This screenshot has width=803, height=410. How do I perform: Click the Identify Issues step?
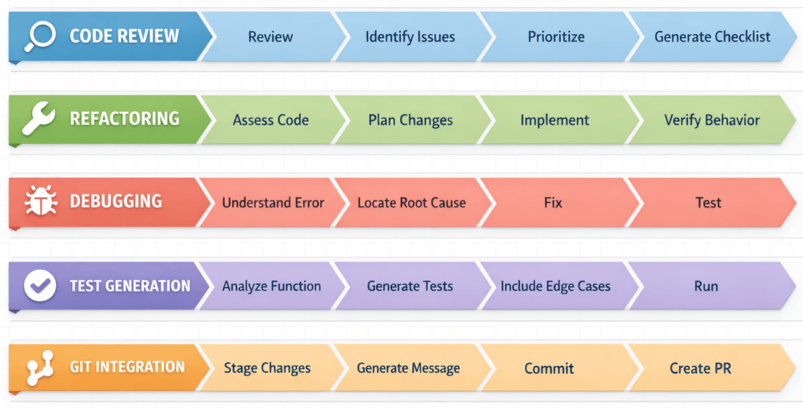410,37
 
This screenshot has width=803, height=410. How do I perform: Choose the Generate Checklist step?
712,37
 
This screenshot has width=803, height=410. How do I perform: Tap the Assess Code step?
270,120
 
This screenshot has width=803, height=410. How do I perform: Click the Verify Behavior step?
711,120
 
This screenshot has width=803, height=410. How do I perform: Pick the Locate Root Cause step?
411,203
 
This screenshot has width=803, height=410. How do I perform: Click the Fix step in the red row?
553,203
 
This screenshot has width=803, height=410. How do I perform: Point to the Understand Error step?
272,203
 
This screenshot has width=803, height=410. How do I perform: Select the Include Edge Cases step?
555,286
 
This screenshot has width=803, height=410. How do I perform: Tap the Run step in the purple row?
706,286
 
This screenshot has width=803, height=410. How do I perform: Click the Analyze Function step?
271,286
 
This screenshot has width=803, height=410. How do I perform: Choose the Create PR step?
700,369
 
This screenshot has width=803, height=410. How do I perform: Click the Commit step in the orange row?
549,369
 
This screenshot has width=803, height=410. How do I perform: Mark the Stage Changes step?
267,369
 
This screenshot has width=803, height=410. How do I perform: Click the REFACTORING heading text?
124,119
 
